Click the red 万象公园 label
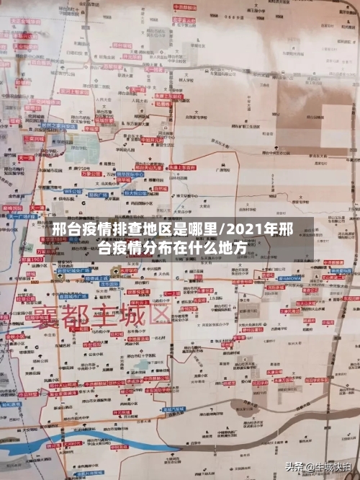pyautogui.click(x=89, y=174)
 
